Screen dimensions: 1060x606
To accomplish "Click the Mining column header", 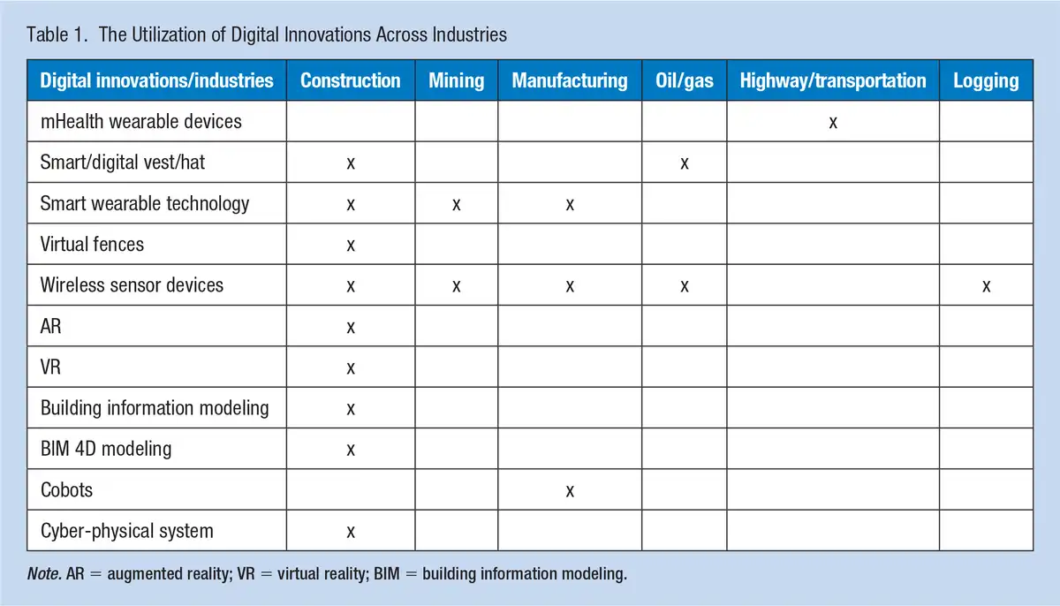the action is click(456, 80).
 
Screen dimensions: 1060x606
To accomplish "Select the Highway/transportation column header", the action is click(833, 81).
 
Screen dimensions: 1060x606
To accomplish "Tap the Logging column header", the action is click(986, 81).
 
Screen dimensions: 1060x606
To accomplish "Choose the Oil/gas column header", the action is click(685, 81).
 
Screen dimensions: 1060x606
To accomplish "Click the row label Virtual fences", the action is click(92, 244).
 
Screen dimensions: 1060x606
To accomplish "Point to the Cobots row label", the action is click(67, 489).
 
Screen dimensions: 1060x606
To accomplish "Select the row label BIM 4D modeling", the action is click(106, 449).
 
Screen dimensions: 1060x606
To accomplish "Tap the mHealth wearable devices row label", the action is click(141, 122).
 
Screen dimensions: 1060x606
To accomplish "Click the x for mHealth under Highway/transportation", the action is click(833, 123).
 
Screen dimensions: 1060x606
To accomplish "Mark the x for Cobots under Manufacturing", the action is click(570, 491).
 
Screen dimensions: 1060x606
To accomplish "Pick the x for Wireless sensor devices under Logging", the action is click(986, 286).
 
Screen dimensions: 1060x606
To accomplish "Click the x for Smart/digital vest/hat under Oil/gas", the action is click(685, 163).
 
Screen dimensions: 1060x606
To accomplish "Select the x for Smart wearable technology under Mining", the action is click(456, 205).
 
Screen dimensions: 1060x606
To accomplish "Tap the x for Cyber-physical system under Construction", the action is click(351, 532).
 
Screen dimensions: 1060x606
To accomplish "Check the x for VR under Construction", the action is click(351, 368).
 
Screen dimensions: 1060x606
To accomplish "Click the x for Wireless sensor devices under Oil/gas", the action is click(685, 286).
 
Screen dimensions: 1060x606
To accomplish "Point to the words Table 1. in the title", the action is click(57, 34).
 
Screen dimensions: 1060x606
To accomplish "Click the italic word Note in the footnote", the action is click(44, 574).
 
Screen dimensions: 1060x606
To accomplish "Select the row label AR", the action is click(50, 326).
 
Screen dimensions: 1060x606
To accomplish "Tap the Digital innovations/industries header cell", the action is click(156, 81).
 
